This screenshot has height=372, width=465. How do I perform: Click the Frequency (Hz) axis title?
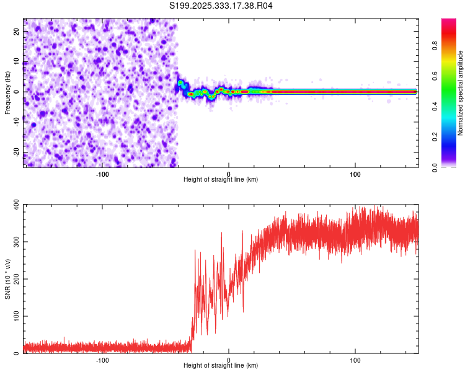(7, 92)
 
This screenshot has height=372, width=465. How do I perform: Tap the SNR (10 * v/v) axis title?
(7, 278)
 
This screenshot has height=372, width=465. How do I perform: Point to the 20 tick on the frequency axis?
(17, 31)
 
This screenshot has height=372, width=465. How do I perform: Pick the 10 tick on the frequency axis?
(17, 61)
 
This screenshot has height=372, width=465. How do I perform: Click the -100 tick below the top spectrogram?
(102, 174)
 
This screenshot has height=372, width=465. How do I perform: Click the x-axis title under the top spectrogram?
(221, 180)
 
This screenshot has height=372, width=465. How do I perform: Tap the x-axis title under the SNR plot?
(221, 366)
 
